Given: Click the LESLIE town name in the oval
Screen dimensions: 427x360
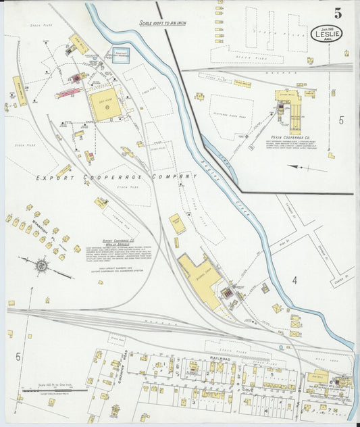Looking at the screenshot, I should click(x=327, y=32).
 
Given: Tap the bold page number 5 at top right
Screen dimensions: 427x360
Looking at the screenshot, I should click(x=337, y=12).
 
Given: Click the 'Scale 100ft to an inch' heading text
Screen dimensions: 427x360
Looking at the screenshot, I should click(x=162, y=23).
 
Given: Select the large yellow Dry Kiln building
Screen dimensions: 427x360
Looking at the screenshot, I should click(x=105, y=105).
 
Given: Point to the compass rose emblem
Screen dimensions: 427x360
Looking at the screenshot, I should click(x=41, y=266).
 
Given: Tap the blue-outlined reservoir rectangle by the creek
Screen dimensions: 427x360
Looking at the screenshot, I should click(x=120, y=55).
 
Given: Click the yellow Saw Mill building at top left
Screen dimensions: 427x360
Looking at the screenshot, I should click(x=78, y=43).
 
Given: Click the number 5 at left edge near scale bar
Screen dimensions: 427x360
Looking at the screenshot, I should click(x=18, y=355).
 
